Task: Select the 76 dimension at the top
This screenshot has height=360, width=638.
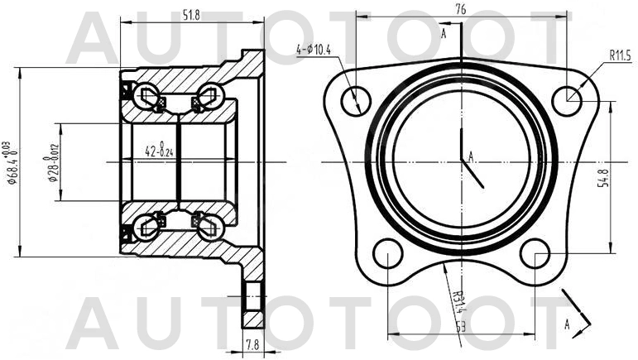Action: [x=461, y=9]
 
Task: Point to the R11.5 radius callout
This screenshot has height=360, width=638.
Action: [x=620, y=56]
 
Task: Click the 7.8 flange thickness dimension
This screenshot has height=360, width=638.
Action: [x=252, y=344]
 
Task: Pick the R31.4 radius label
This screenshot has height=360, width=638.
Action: [x=458, y=295]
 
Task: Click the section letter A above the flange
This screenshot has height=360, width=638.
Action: [x=444, y=33]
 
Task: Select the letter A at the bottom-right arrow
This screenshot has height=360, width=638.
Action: [x=568, y=324]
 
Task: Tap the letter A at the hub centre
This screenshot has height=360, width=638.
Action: [x=471, y=155]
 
